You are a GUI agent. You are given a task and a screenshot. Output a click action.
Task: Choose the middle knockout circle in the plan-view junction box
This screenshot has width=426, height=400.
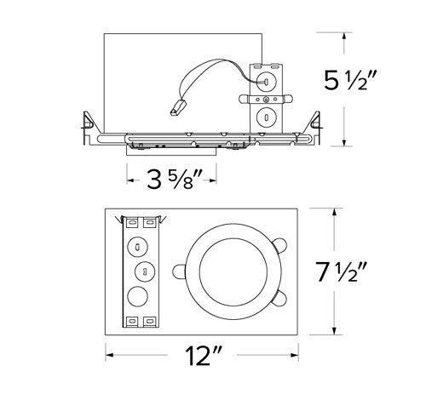pos(144,272)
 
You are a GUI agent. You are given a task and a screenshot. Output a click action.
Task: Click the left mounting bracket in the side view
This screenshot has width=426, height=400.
pos(87,128)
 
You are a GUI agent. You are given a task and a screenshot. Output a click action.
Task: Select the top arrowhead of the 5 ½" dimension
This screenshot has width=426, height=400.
pos(343,37)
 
